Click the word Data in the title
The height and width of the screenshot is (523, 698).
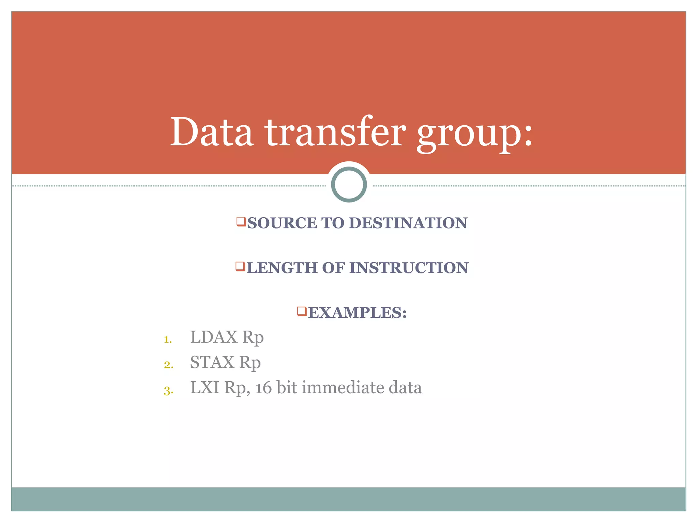point(211,132)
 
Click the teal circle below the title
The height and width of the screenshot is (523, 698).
point(349,184)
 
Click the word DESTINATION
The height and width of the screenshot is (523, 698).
point(408,223)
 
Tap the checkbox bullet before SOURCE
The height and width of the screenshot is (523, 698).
point(241,222)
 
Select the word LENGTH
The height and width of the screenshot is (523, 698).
point(283,268)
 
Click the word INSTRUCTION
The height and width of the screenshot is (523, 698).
point(409,268)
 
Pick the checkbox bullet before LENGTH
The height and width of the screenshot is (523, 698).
point(240,266)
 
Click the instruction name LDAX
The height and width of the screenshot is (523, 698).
point(214,337)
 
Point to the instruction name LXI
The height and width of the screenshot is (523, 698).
point(204,387)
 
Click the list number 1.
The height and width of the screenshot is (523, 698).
point(167,339)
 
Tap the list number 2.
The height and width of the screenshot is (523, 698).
point(168,365)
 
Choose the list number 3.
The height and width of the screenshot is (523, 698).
point(168,390)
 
